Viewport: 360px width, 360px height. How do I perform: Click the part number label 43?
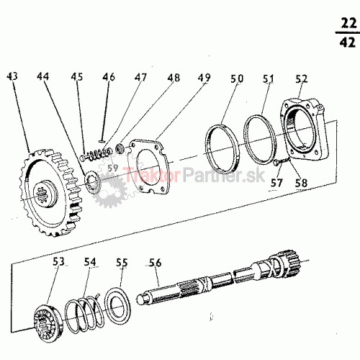(x=12, y=76)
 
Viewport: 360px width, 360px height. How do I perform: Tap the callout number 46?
(x=109, y=77)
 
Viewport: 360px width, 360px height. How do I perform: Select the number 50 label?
(x=237, y=78)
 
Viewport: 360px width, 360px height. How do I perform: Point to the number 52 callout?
(x=302, y=78)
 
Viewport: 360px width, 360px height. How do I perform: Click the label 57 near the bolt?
(x=276, y=183)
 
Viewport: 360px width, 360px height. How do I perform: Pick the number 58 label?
(x=301, y=184)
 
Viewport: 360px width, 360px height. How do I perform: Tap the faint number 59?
(x=112, y=168)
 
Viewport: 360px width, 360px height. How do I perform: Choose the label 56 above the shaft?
(x=155, y=263)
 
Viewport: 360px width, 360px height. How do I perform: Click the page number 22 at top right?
(x=348, y=24)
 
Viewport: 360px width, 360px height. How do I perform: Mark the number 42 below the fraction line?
(x=347, y=42)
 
